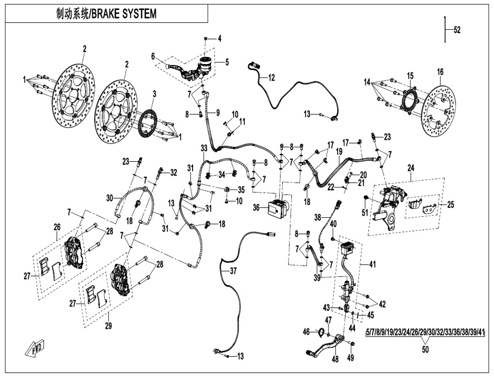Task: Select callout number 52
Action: [457, 30]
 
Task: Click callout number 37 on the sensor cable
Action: [233, 271]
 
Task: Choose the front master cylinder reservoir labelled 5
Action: [206, 63]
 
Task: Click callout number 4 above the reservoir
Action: [219, 38]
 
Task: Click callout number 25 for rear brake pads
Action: [450, 205]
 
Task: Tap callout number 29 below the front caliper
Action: [108, 326]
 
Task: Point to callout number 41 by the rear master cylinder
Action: [373, 263]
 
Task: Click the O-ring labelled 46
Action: [320, 331]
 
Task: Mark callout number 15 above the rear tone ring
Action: [410, 76]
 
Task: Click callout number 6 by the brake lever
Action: [153, 57]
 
